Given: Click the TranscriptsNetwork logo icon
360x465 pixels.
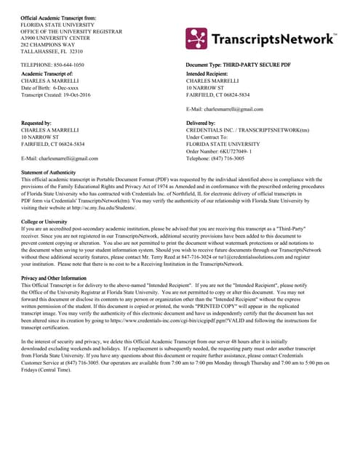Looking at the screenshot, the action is click(198, 40).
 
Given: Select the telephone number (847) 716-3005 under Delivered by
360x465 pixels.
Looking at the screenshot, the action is click(233, 158).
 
